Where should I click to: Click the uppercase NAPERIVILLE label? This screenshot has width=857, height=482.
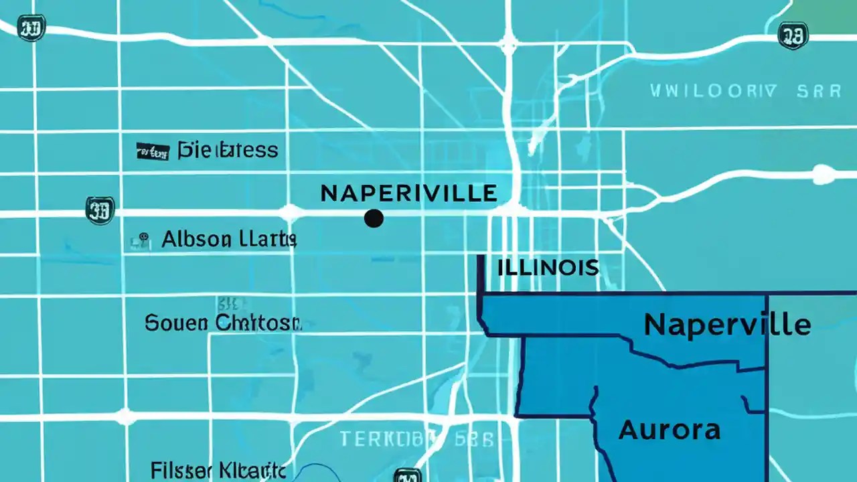(408, 193)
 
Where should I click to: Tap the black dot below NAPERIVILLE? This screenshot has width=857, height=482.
(374, 218)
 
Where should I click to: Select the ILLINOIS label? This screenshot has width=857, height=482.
(548, 268)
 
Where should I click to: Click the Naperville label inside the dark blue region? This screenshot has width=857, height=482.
(727, 325)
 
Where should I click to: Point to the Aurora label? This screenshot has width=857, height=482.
(670, 430)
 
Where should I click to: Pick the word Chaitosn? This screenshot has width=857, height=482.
(258, 323)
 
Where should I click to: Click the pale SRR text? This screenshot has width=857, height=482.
(819, 92)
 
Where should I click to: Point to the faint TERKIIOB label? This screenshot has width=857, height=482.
(387, 439)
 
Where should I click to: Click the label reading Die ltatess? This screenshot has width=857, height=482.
(228, 150)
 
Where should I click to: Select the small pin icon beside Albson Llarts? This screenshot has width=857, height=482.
(142, 240)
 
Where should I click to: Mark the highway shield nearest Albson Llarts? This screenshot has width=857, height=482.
(100, 210)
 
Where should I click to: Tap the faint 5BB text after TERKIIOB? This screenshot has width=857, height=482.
(475, 439)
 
